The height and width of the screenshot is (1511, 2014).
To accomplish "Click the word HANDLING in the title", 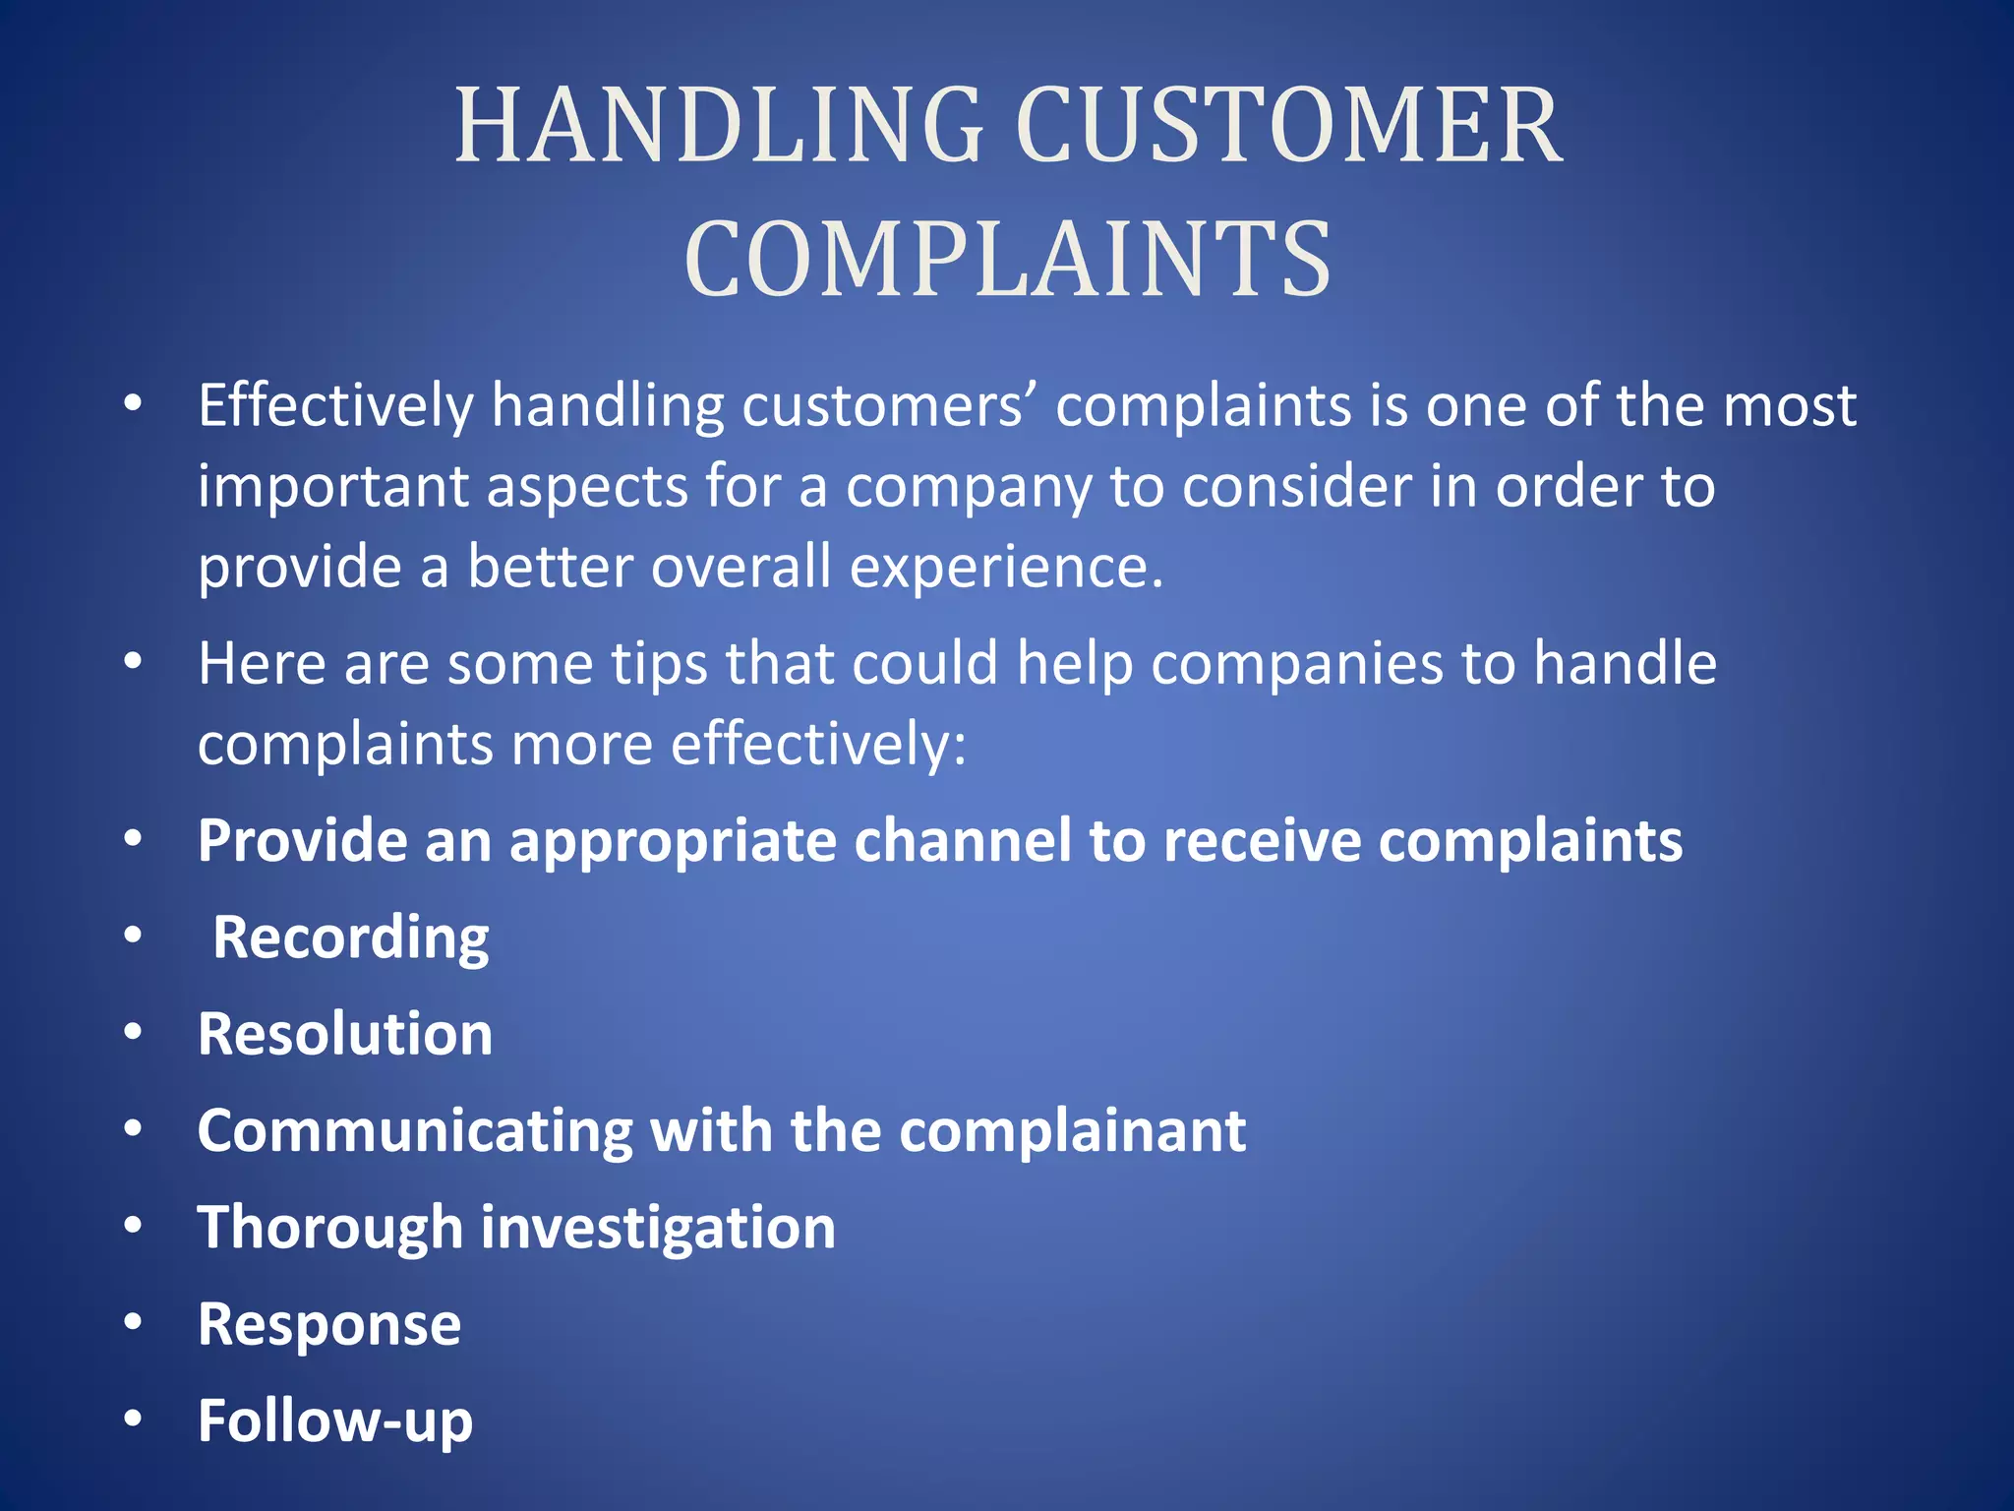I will pyautogui.click(x=719, y=125).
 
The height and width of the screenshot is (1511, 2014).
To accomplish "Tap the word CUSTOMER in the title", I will pyautogui.click(x=1288, y=125).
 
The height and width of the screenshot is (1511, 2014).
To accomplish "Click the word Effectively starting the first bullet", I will pyautogui.click(x=336, y=405).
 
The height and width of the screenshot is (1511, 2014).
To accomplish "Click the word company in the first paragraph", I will pyautogui.click(x=969, y=487).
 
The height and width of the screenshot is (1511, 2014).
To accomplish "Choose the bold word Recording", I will pyautogui.click(x=351, y=937).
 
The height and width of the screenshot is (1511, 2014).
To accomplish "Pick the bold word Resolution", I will pyautogui.click(x=345, y=1034).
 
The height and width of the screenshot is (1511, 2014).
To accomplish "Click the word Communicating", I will pyautogui.click(x=414, y=1130).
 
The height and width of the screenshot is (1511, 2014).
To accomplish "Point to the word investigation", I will pyautogui.click(x=658, y=1228).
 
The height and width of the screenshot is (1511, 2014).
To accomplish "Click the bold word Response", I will pyautogui.click(x=329, y=1324).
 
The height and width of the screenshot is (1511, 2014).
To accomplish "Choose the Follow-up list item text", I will pyautogui.click(x=335, y=1420).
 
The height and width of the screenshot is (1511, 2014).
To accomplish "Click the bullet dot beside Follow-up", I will pyautogui.click(x=133, y=1419).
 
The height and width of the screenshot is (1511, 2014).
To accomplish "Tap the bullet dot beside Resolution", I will pyautogui.click(x=133, y=1032).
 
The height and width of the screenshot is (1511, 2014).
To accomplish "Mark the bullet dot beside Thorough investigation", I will pyautogui.click(x=133, y=1226).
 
